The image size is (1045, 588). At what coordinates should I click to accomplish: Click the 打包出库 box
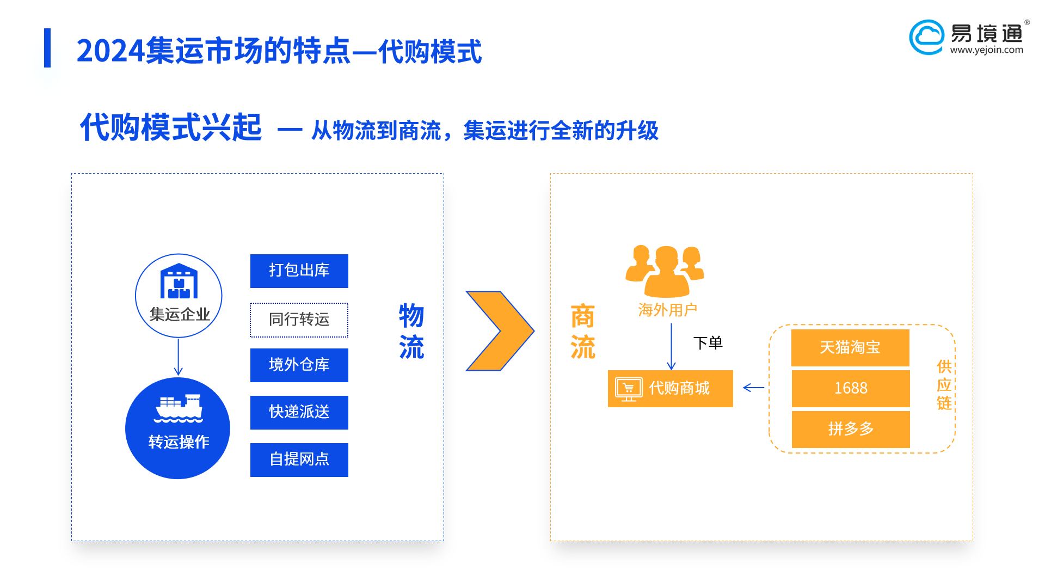[299, 271]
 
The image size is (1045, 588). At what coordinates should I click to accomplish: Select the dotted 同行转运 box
[299, 320]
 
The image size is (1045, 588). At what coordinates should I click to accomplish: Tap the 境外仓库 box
[299, 365]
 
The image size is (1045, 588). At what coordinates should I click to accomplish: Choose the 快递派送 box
[299, 412]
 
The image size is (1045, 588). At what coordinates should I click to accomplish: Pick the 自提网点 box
[299, 460]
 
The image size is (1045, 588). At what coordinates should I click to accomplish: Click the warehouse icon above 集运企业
[179, 281]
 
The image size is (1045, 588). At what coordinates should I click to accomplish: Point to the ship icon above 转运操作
[179, 408]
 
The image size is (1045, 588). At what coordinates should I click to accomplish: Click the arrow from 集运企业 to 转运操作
[179, 357]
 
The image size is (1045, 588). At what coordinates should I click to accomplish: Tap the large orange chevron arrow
[500, 331]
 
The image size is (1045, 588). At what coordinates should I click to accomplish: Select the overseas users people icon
[665, 271]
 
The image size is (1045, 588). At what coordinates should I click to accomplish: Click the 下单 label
[708, 343]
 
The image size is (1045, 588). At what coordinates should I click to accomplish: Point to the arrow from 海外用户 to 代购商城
[671, 347]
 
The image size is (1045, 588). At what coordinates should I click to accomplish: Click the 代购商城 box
[671, 389]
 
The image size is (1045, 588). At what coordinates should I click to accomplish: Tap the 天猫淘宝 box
[850, 347]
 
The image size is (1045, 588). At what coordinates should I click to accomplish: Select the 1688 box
[850, 388]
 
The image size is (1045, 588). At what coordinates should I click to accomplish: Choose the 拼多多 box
[850, 429]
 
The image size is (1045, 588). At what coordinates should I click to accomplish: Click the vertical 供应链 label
[944, 385]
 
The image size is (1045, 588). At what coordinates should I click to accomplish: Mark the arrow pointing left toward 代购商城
[754, 388]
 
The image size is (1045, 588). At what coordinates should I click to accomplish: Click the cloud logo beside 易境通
[927, 37]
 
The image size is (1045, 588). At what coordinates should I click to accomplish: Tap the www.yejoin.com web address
[987, 50]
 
